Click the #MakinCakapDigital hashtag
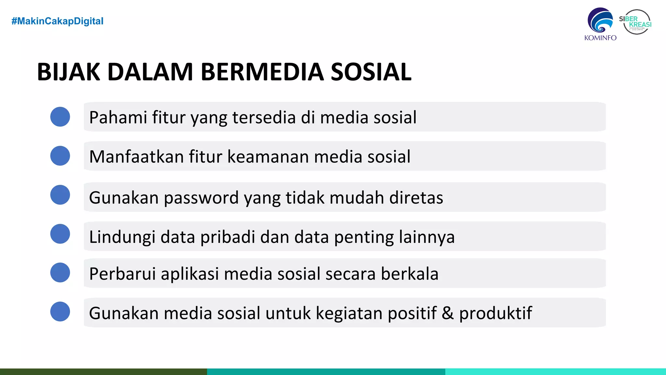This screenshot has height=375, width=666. pos(57,21)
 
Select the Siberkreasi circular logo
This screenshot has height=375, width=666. pos(636,22)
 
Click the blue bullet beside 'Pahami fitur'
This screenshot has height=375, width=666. pos(60,117)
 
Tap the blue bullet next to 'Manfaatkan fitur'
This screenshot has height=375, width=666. pos(60,156)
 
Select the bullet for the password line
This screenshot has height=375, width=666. pos(60,195)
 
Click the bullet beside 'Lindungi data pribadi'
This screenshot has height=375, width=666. pos(60,234)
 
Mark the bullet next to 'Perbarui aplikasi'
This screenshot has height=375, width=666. pos(60,272)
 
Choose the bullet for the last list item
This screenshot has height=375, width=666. pos(60,312)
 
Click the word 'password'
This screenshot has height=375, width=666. pos(201,198)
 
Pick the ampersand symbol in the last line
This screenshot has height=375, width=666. pos(447,313)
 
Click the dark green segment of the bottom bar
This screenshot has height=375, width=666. pos(103,372)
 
